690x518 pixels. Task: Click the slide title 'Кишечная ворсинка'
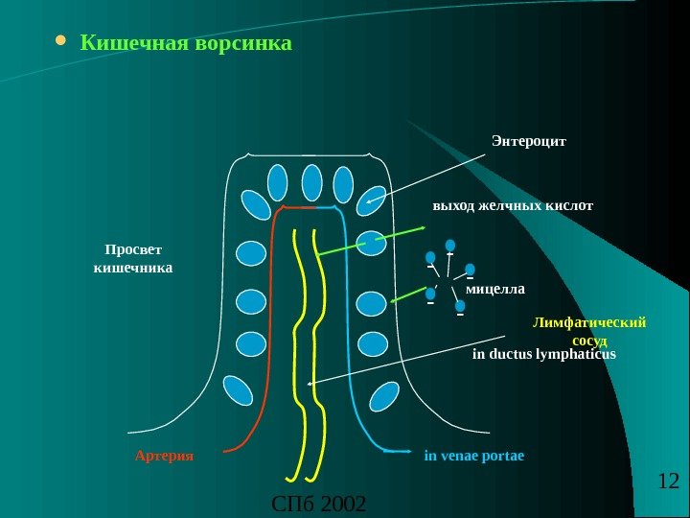tap(186, 44)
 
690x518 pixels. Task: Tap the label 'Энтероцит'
tap(529, 140)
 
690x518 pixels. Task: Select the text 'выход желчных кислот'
tap(513, 205)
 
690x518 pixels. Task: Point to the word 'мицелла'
tap(496, 287)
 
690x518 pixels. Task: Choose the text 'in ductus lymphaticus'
tap(543, 354)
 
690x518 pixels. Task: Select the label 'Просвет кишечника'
tap(132, 259)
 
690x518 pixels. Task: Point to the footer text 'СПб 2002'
tap(320, 503)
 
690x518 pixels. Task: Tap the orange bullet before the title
tap(61, 42)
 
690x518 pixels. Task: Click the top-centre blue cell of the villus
tap(311, 182)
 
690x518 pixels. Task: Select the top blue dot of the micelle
tap(450, 247)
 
